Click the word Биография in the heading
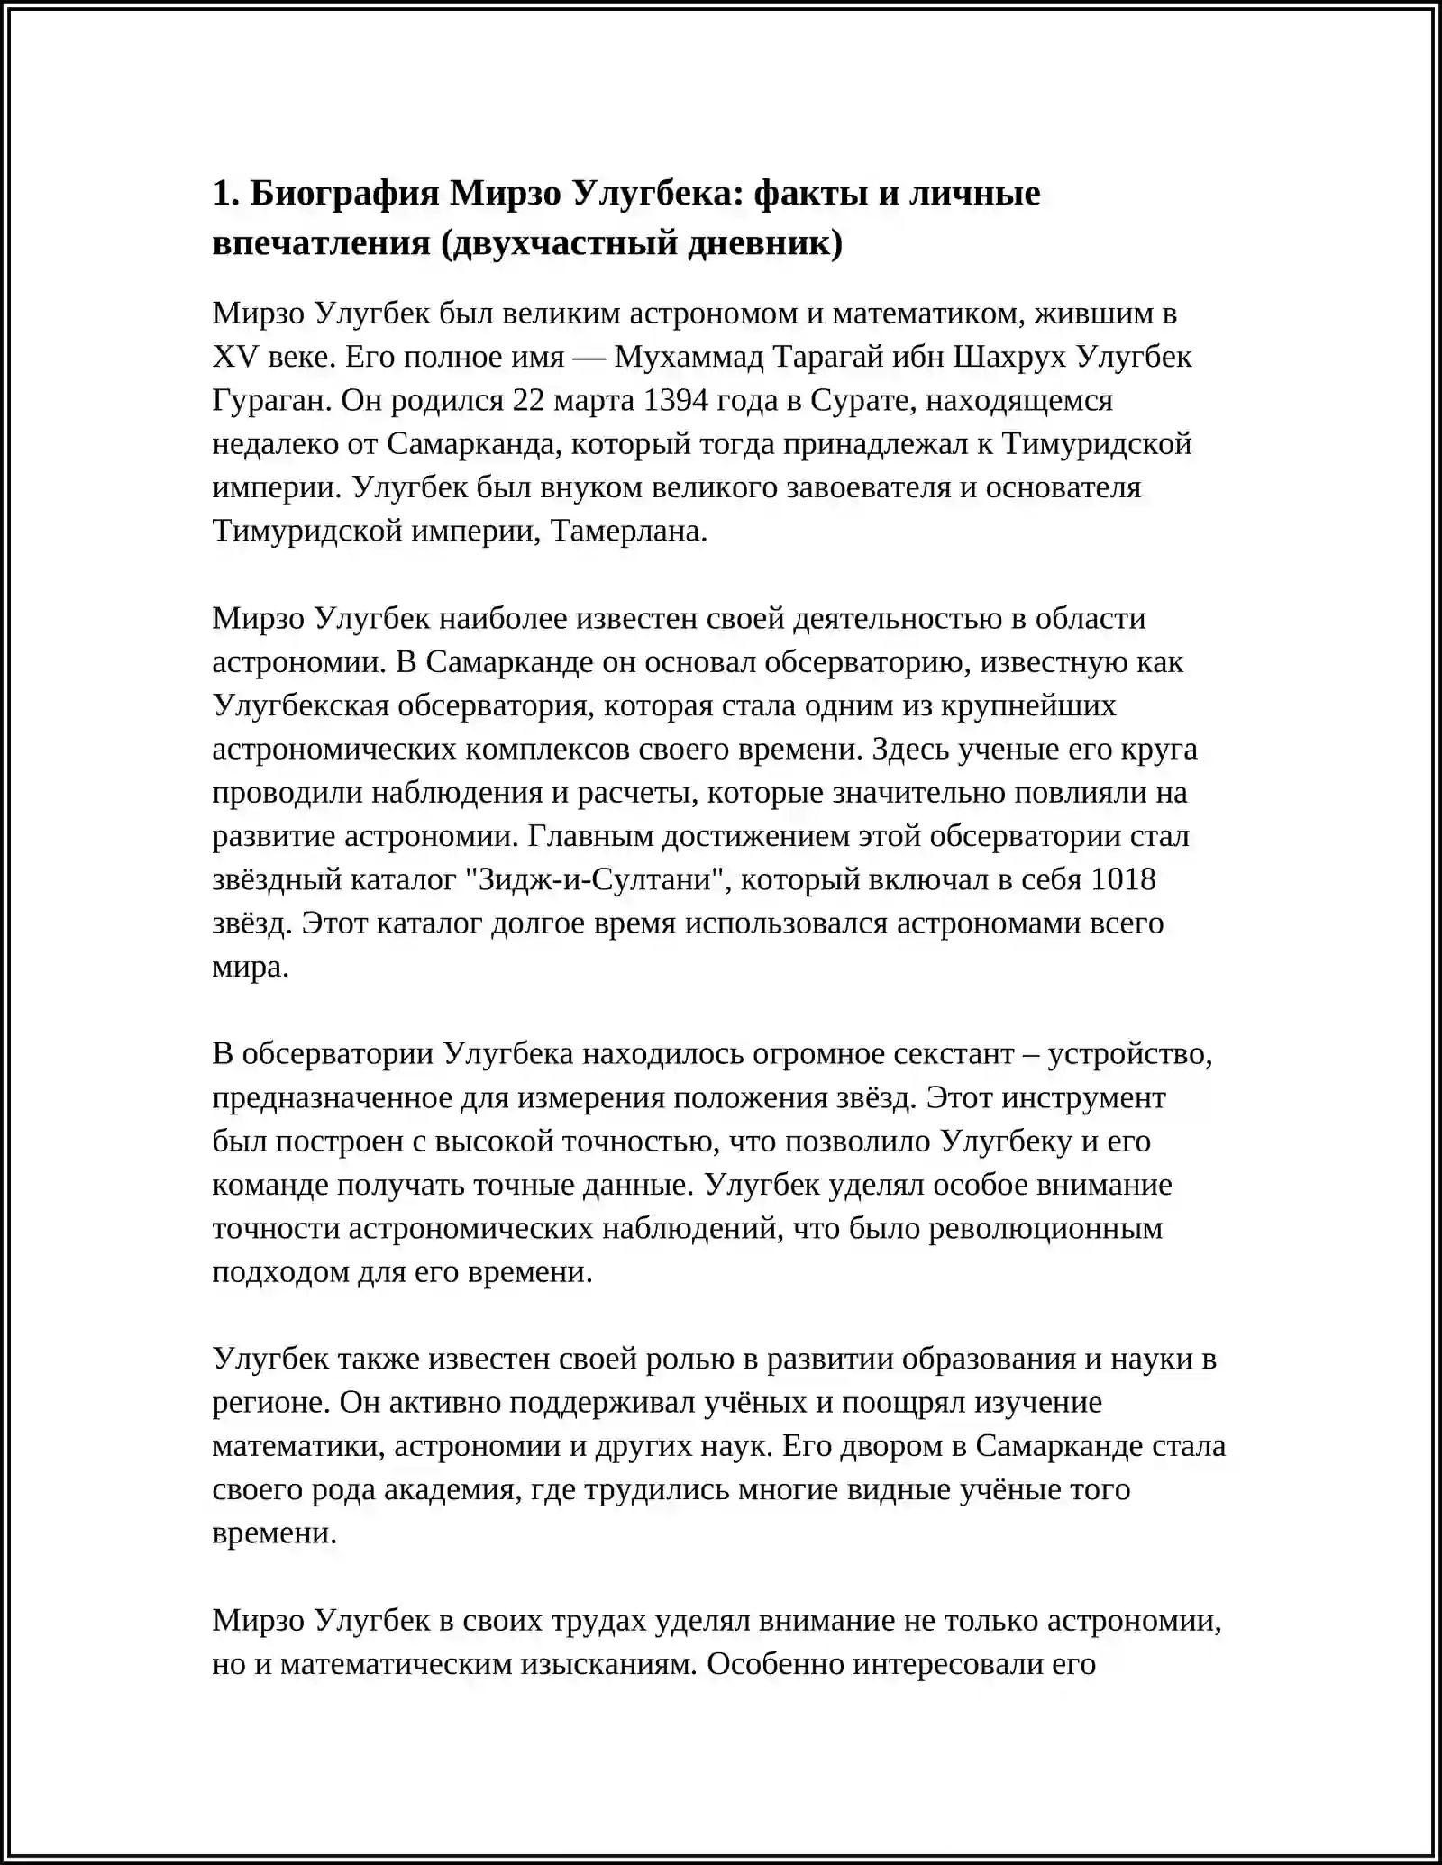343,193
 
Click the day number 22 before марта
531,400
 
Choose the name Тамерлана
628,531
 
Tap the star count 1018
1123,879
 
